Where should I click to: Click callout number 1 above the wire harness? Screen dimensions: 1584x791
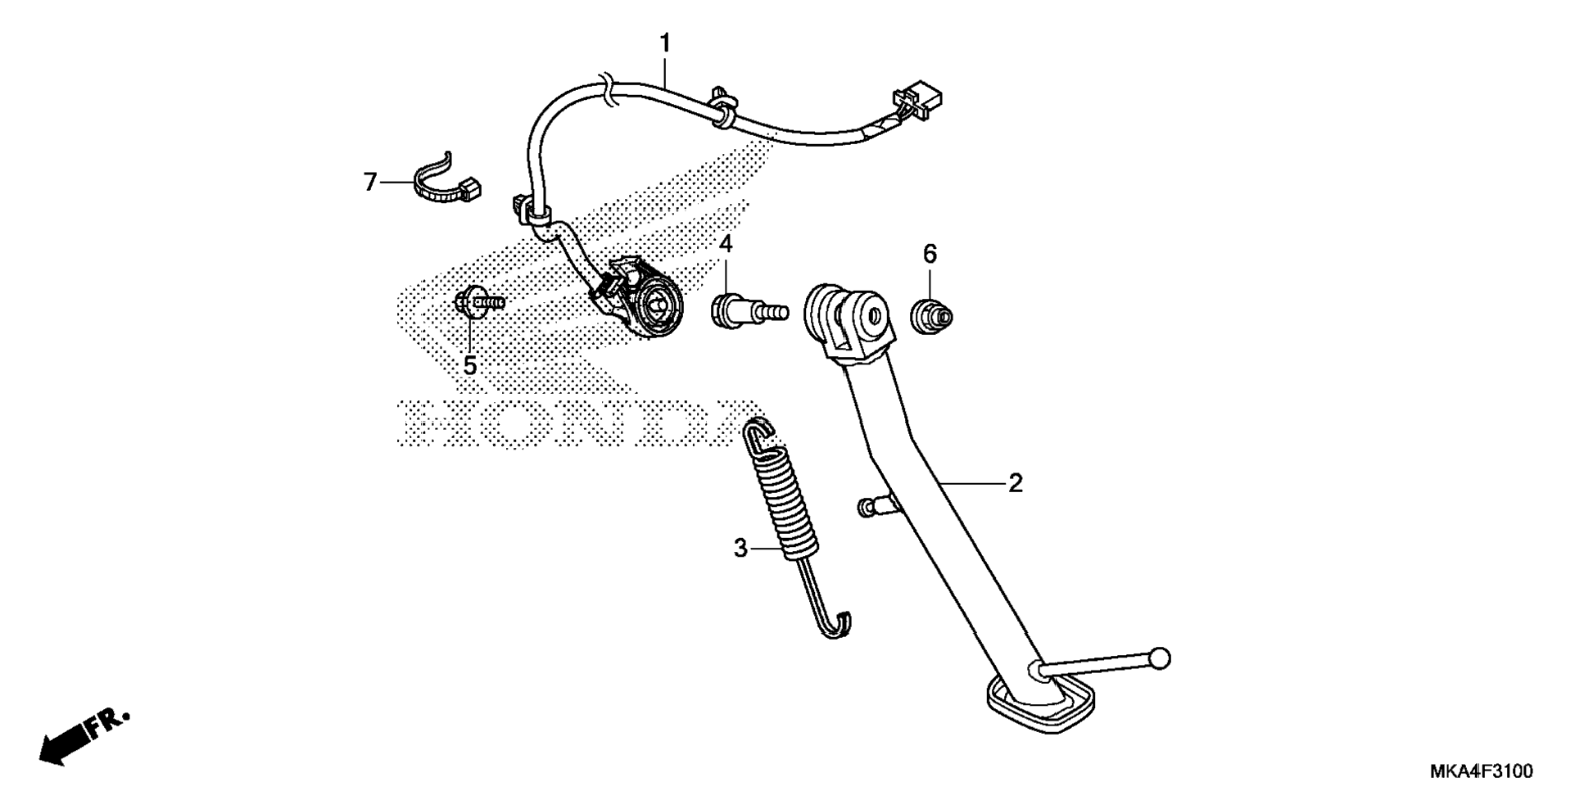tap(665, 43)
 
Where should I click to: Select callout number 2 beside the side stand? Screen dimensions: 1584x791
tap(1015, 483)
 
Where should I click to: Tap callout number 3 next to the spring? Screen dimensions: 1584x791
tap(740, 548)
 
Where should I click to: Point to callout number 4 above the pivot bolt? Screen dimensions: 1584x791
tap(726, 244)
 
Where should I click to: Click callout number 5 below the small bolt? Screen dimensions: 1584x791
tap(469, 365)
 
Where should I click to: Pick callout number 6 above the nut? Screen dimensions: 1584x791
tap(930, 255)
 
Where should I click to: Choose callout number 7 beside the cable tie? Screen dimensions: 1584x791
tap(370, 182)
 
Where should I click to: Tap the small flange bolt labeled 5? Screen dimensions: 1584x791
tap(479, 303)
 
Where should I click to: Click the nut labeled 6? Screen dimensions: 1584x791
tap(931, 314)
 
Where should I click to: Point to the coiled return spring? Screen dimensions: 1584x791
tap(785, 499)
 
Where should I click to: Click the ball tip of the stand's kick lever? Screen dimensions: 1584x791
tap(1160, 658)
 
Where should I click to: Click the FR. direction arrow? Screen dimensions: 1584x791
tap(82, 734)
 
